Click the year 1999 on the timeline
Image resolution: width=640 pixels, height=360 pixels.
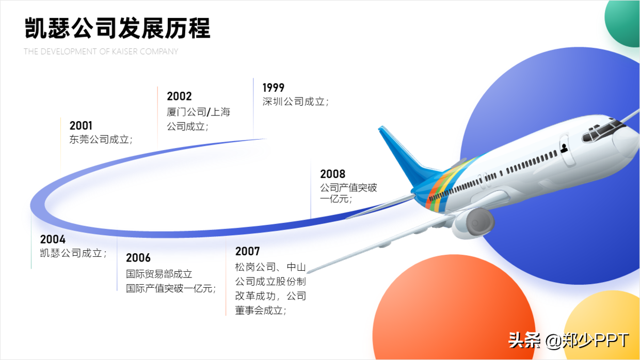pos(274,88)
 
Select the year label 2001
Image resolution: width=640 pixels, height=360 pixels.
pos(81,126)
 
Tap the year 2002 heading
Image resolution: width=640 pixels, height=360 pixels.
pos(179,96)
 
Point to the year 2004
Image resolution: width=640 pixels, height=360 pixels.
pos(53,239)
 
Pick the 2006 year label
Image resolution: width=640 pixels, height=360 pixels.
pos(138,258)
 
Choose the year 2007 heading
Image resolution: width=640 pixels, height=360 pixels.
pos(247,251)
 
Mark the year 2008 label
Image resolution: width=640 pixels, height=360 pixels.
pos(332,174)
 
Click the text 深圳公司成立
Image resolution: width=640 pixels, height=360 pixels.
pos(294,102)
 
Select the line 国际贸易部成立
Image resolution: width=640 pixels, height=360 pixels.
pos(159,274)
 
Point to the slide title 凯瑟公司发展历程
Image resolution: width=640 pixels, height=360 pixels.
pos(118,28)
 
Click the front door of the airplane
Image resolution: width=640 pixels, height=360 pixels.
pos(567,150)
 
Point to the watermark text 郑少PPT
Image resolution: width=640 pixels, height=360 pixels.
pos(596,340)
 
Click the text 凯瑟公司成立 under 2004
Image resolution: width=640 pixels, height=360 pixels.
pos(71,253)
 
